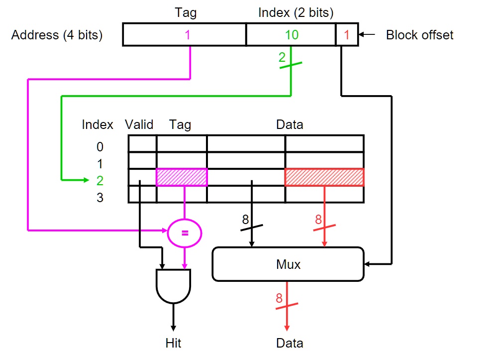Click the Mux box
[x=288, y=264]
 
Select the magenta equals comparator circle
[x=185, y=233]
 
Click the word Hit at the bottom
[x=174, y=343]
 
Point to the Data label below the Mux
[x=290, y=343]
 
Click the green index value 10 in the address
[x=292, y=35]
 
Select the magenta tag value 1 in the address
[x=188, y=35]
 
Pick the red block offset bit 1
[x=347, y=35]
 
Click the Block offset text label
[x=419, y=35]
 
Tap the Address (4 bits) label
[x=57, y=35]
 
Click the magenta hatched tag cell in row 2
[x=182, y=177]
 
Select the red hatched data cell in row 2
[x=324, y=177]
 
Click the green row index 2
[x=100, y=181]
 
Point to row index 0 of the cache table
[x=100, y=147]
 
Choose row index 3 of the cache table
[x=100, y=198]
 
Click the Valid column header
[x=139, y=124]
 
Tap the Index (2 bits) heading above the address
[x=296, y=13]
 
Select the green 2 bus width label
[x=282, y=57]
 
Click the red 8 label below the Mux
[x=279, y=298]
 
